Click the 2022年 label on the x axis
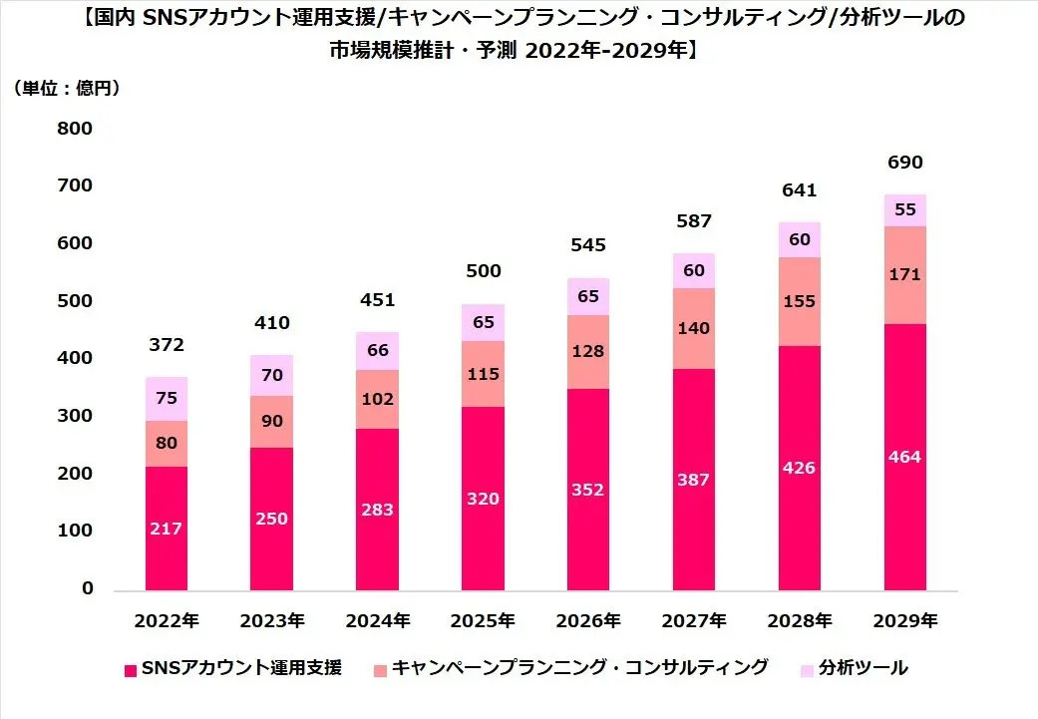coord(166,620)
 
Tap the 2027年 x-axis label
coord(693,620)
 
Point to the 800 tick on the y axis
coord(74,129)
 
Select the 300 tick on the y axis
coord(74,416)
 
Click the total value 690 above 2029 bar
coord(904,163)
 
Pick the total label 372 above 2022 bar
coord(166,345)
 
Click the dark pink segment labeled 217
coord(166,528)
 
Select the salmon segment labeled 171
coord(904,274)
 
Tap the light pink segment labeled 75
coord(166,399)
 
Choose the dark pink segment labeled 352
coord(588,489)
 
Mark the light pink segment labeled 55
coord(904,210)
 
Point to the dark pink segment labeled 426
coord(799,468)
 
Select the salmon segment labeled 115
coord(483,374)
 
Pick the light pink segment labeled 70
coord(271,376)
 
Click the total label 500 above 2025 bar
coord(483,271)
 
